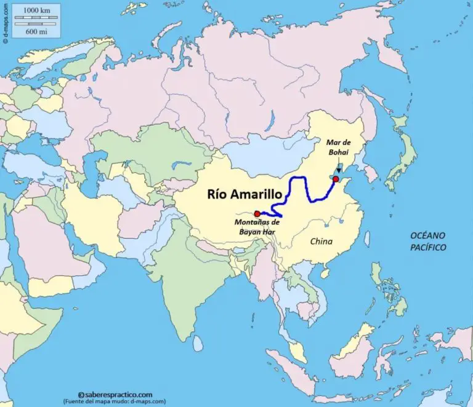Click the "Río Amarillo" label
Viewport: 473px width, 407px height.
click(245, 194)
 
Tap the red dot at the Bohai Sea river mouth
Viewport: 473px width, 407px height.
click(336, 179)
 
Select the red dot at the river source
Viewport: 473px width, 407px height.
click(257, 213)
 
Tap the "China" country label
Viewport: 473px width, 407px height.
click(321, 242)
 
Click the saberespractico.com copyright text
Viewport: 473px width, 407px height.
click(115, 395)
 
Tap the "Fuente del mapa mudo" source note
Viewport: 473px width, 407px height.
click(115, 401)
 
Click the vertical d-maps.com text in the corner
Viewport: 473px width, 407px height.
click(5, 22)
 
